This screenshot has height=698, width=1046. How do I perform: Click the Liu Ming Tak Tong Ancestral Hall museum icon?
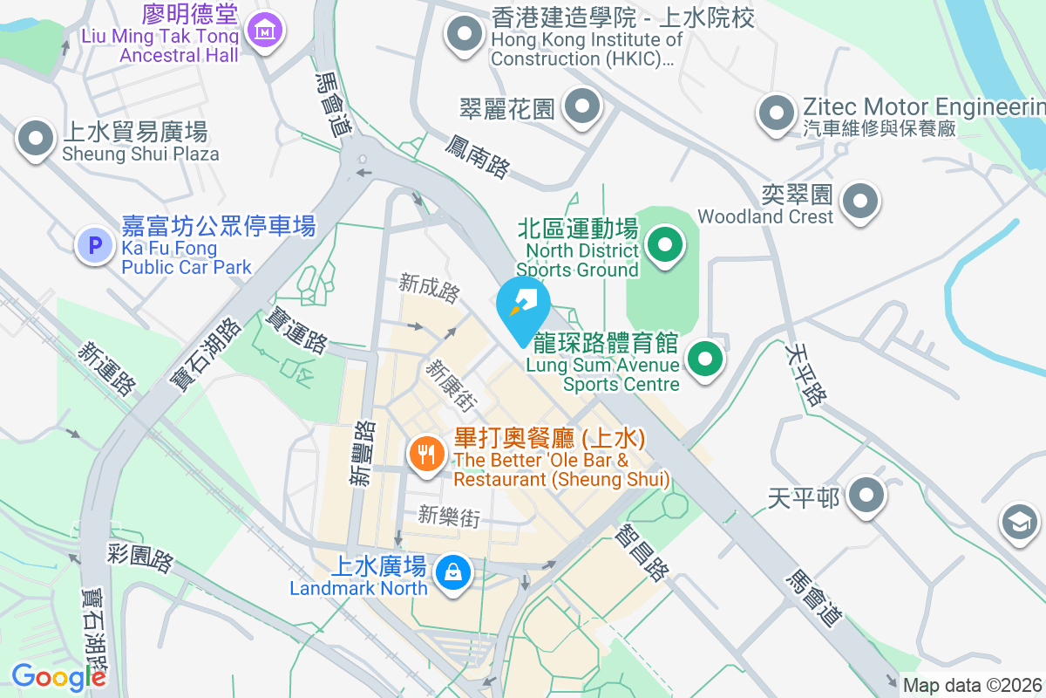[262, 32]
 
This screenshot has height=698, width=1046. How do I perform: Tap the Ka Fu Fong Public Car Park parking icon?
[95, 245]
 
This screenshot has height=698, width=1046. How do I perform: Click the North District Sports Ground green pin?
[667, 244]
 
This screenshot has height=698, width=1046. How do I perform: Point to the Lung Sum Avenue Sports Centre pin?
[705, 359]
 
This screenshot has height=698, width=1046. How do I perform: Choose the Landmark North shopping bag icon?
[453, 573]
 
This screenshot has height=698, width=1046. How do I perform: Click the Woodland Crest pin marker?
[861, 201]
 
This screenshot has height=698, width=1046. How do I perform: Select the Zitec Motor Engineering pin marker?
[776, 113]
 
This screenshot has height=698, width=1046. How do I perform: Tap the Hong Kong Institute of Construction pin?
[465, 35]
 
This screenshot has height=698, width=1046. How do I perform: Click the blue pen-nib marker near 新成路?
[523, 306]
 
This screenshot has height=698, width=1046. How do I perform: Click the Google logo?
[58, 677]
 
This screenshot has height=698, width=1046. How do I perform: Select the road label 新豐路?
[363, 452]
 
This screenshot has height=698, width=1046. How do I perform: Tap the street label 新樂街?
[449, 516]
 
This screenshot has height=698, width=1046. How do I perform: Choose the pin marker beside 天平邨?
[866, 496]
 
